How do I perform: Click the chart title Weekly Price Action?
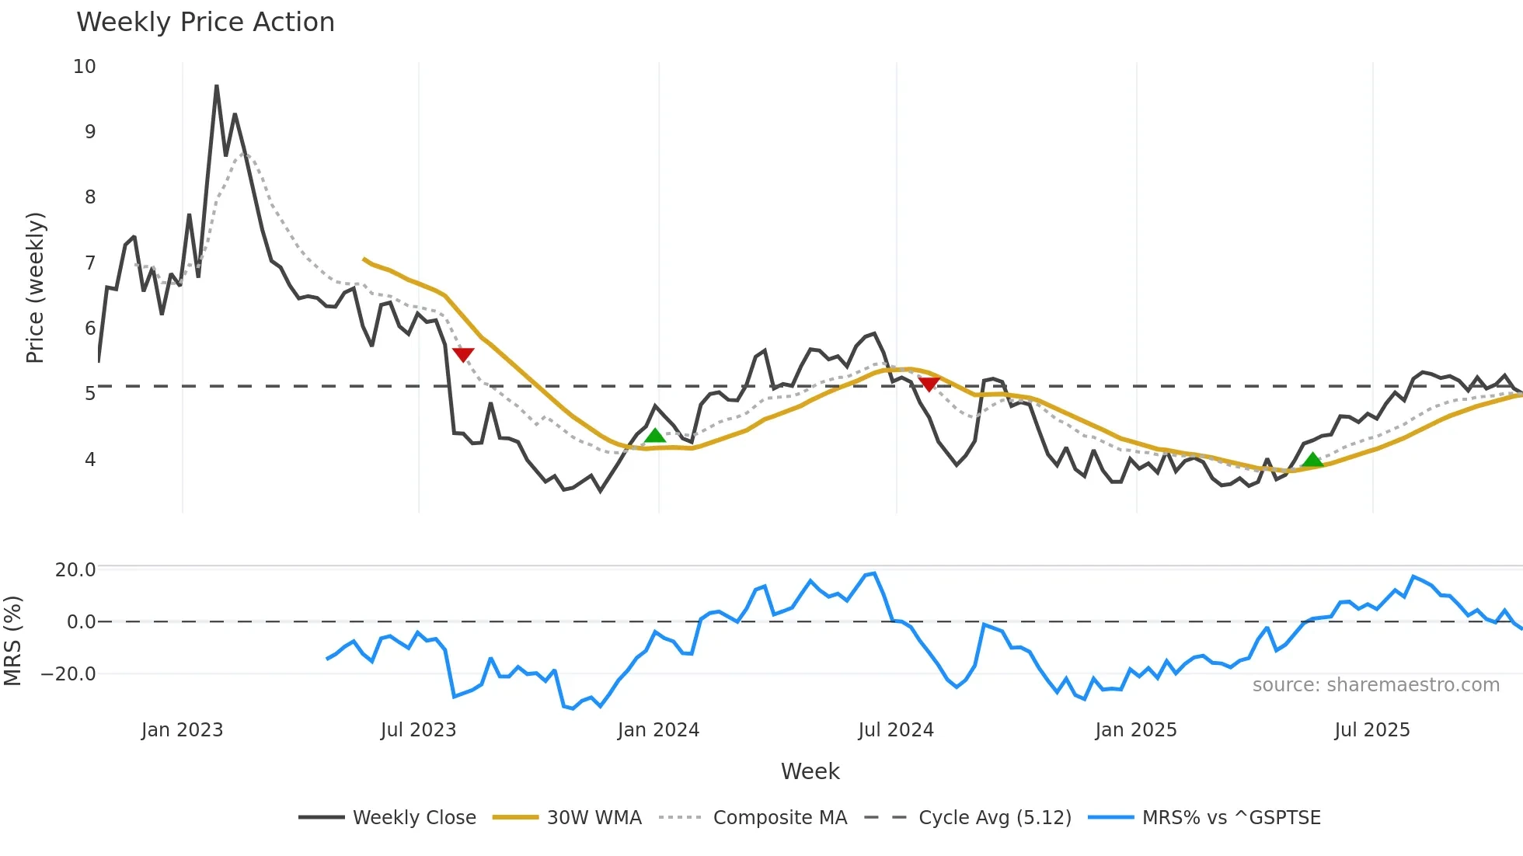205,23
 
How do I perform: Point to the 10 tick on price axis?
85,67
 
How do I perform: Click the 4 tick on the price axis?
90,460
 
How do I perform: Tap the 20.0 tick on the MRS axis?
75,570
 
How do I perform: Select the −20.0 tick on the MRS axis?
68,674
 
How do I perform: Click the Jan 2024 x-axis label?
658,730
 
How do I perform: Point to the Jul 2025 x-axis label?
1371,730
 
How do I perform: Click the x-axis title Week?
810,771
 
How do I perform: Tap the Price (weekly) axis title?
35,287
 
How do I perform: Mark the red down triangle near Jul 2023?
463,355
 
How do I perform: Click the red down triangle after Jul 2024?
929,384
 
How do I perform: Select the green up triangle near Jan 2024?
655,436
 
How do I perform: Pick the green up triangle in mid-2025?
1312,460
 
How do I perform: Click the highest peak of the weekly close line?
217,85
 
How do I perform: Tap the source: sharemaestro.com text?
1375,685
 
